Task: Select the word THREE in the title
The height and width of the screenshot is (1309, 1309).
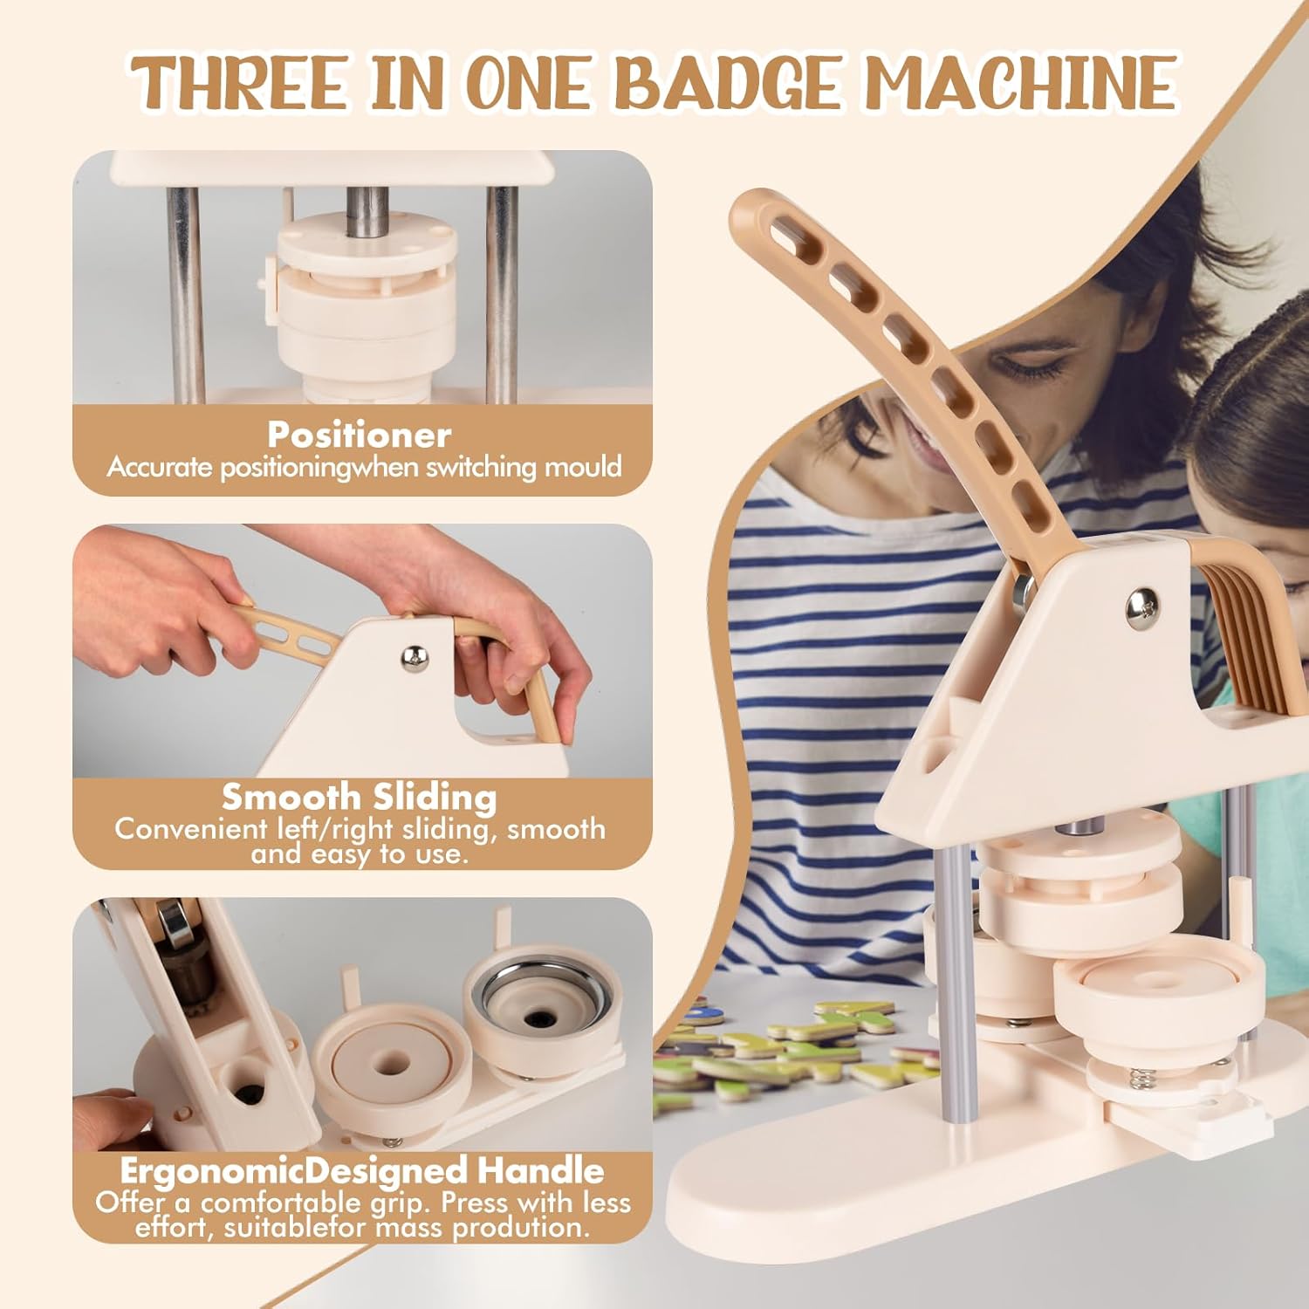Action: pyautogui.click(x=243, y=82)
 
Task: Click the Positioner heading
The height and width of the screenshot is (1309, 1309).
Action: pyautogui.click(x=360, y=435)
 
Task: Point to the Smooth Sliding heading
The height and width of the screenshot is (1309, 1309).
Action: pyautogui.click(x=360, y=797)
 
